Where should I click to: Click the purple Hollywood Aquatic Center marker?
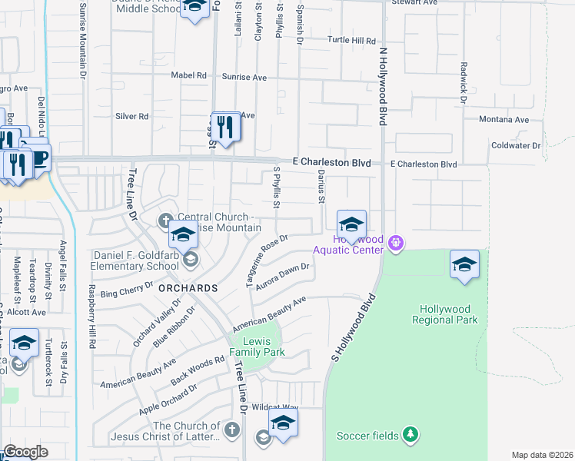coord(396,244)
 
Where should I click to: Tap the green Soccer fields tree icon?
coord(411,436)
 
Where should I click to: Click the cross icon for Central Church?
coord(164,221)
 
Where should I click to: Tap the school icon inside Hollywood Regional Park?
coord(464,266)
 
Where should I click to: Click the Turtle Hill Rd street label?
coord(351,40)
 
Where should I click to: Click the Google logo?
coord(25,452)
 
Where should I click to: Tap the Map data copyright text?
coord(542,455)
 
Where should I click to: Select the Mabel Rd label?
coord(191,76)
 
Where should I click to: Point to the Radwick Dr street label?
coord(464,82)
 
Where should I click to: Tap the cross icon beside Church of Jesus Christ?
coord(232,426)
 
